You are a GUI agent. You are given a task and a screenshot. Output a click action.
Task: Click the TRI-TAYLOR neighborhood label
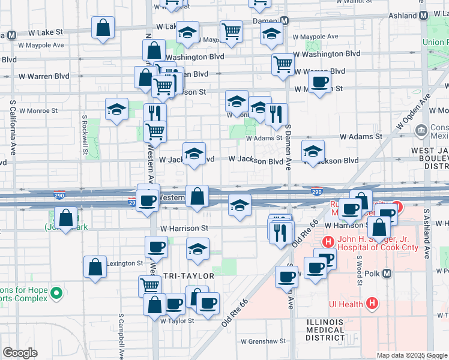[189, 275]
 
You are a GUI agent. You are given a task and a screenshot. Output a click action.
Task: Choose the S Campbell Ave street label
[121, 336]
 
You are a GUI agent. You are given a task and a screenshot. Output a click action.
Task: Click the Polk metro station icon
[387, 274]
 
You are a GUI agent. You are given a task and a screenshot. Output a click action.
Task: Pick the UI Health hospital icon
[372, 304]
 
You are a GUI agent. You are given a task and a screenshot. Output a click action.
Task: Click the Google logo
[20, 353]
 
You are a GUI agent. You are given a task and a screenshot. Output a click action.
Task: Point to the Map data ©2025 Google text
[411, 355]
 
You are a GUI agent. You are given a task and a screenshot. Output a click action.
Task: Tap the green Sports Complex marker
[56, 293]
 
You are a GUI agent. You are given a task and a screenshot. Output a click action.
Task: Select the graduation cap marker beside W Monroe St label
[116, 109]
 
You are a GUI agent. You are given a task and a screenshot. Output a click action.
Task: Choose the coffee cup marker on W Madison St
[319, 82]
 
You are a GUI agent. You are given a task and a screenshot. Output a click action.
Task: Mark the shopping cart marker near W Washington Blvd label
[282, 64]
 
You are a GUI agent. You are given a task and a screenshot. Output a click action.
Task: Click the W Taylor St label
[177, 320]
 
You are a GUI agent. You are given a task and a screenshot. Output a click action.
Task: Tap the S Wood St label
[359, 265]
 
